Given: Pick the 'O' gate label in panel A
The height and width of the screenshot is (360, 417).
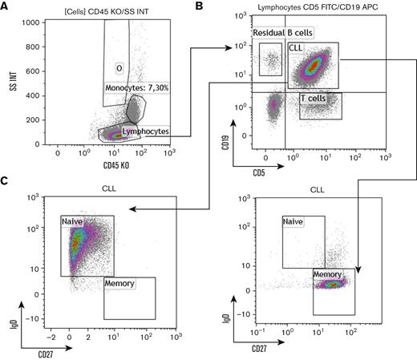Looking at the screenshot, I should tap(118, 67).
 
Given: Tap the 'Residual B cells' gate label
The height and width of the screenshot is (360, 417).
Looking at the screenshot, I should tap(283, 32).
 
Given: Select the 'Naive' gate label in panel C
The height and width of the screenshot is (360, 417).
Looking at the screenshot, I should tap(73, 220).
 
